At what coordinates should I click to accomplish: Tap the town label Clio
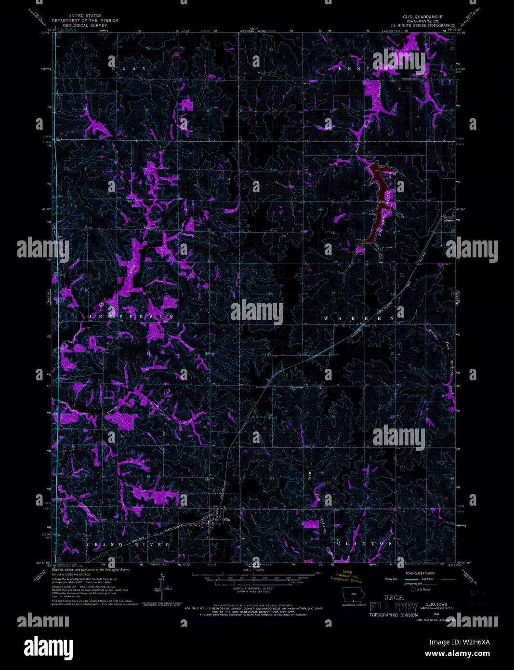227,520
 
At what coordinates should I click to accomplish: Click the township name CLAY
129,69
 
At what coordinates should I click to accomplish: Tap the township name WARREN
358,319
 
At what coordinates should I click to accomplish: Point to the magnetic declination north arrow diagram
159,585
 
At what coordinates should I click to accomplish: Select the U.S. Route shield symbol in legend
413,590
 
